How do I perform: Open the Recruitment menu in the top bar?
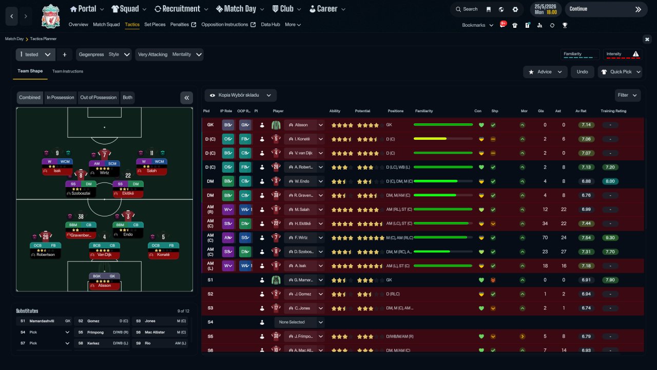coord(181,9)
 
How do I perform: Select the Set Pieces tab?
coord(154,25)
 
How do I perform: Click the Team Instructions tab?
coord(67,71)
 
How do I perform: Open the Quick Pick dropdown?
coord(620,72)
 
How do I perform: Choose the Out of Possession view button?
coord(99,98)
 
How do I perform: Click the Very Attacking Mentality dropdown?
coord(169,54)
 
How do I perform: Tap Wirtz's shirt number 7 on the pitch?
coord(104,154)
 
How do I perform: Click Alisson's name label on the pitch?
coord(104,286)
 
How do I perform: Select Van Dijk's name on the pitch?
coord(104,255)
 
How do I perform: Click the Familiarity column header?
coord(424,111)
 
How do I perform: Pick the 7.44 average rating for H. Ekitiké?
coord(586,224)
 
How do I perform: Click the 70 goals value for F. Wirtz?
coord(545,238)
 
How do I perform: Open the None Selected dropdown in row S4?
coord(300,322)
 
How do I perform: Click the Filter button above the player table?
coord(627,95)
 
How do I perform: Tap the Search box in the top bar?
coord(466,9)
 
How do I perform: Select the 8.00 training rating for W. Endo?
coord(610,181)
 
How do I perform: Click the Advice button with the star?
coord(545,72)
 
